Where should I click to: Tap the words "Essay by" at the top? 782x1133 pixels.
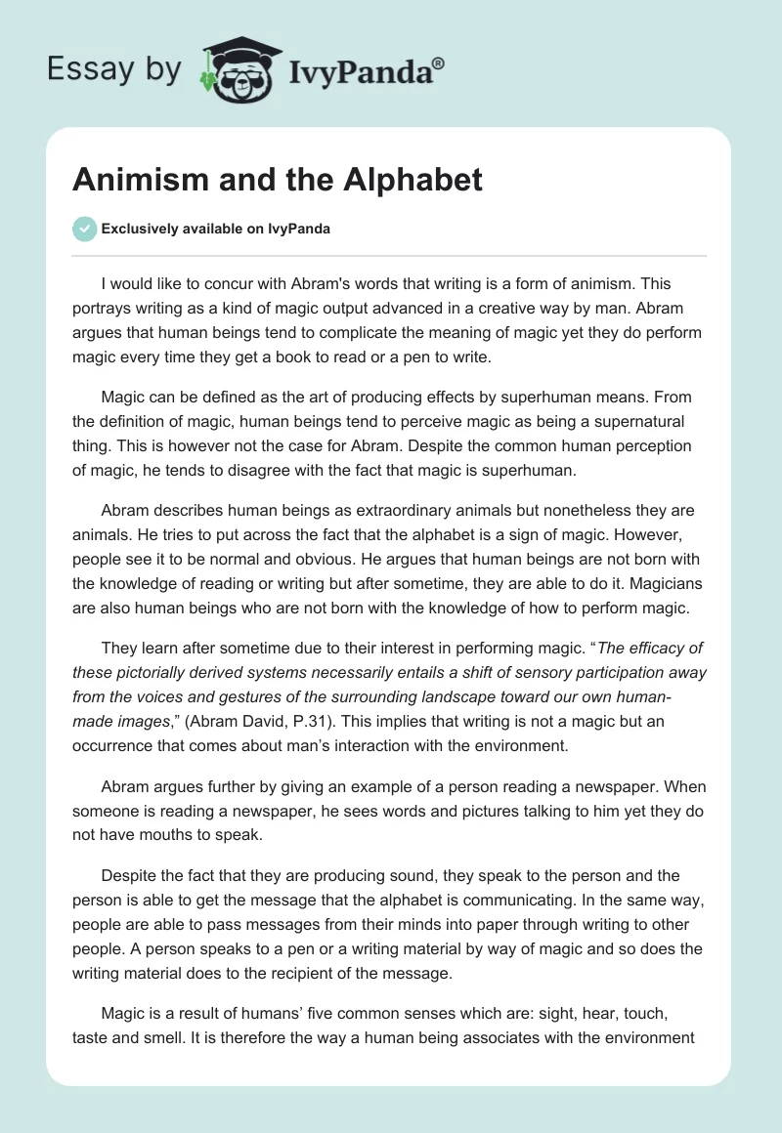(112, 70)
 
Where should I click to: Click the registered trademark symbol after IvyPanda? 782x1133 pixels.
(439, 63)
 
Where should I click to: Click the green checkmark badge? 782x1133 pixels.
(84, 230)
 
